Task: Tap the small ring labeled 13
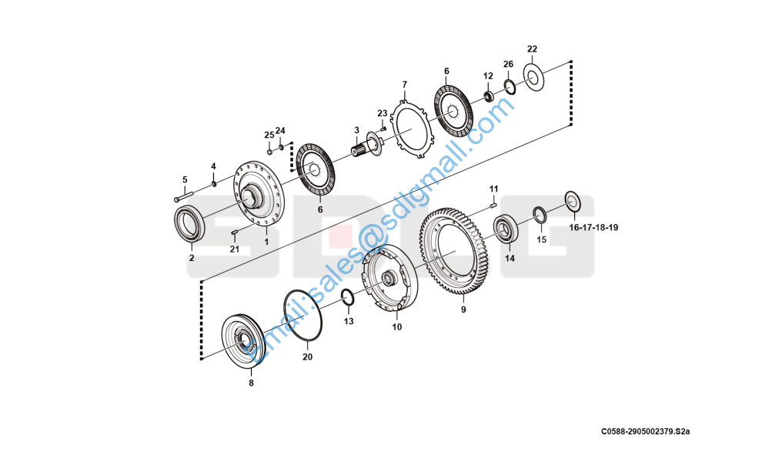346,297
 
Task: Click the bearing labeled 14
506,229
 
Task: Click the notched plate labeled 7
413,126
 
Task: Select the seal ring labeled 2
186,224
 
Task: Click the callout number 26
508,64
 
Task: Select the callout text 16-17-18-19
593,228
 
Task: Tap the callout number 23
383,113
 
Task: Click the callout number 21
234,249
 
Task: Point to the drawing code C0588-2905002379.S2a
646,432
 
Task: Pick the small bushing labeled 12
488,95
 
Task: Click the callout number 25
269,135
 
